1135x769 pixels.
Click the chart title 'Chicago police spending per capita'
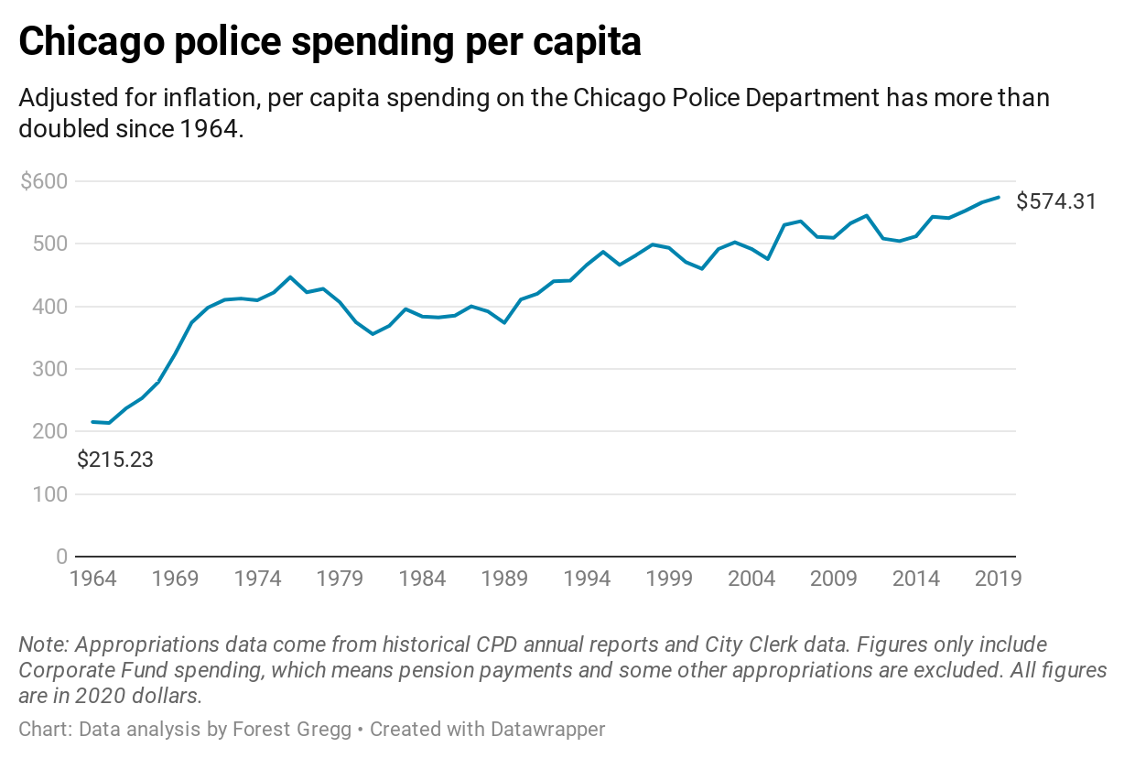tap(330, 42)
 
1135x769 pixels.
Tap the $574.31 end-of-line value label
tap(1056, 201)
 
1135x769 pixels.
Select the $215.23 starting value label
tap(115, 460)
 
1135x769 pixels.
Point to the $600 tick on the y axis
tap(44, 181)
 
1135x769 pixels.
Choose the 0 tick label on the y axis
tap(61, 557)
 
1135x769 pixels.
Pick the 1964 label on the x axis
tap(92, 579)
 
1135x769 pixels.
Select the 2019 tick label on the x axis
tap(998, 579)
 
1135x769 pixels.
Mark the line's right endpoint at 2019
tap(999, 197)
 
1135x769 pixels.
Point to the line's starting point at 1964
tap(92, 422)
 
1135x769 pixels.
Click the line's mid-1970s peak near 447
tap(290, 276)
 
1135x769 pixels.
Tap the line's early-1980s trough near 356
tap(373, 334)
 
